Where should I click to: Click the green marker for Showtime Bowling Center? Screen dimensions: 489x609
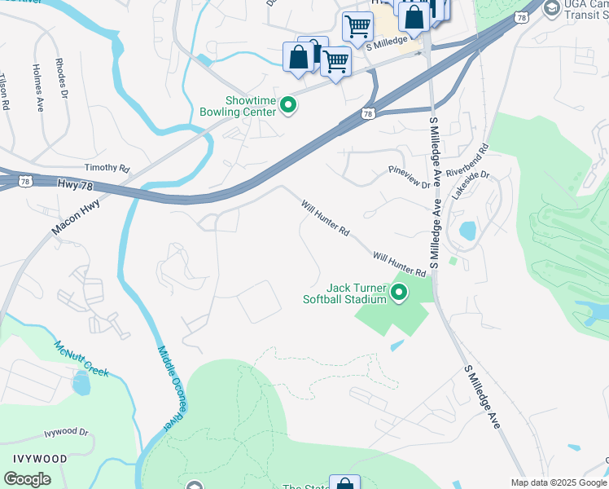coord(287,104)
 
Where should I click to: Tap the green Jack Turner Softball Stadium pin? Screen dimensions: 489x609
coord(399,292)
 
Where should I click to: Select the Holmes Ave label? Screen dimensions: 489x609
coord(37,87)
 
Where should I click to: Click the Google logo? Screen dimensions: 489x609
coord(27,479)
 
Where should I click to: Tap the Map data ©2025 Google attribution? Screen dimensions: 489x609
coord(558,482)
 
